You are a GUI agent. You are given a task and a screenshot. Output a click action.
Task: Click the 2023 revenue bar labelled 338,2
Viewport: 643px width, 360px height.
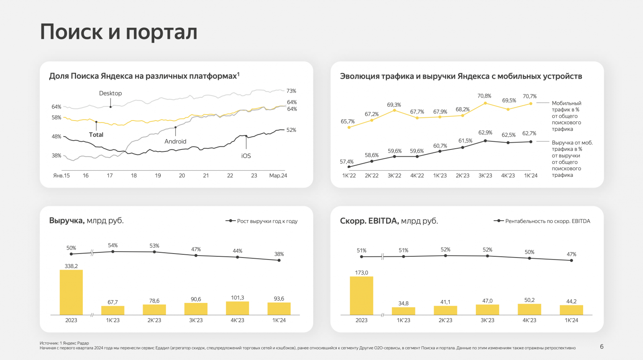(71, 292)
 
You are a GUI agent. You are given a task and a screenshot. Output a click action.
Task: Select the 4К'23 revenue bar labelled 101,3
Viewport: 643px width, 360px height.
(237, 308)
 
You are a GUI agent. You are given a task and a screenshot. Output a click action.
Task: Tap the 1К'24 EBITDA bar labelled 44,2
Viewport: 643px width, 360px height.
(571, 310)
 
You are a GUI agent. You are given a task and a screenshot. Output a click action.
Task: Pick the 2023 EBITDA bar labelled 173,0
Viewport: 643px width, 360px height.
(361, 295)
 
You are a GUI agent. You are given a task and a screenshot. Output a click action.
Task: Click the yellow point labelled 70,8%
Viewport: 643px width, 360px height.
(485, 103)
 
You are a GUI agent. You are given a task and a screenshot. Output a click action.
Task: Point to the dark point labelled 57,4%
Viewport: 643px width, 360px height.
(349, 167)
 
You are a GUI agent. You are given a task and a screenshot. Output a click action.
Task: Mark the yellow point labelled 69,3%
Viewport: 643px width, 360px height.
(394, 110)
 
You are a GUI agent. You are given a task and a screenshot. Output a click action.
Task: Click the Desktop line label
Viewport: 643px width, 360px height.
(111, 93)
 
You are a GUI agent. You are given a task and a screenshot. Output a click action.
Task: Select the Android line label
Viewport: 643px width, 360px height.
(175, 141)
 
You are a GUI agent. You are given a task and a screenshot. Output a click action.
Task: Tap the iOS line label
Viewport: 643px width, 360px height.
(246, 156)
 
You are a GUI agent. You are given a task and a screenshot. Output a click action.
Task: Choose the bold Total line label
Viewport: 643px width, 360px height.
(96, 135)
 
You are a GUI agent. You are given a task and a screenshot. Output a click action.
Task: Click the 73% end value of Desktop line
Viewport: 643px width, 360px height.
(291, 91)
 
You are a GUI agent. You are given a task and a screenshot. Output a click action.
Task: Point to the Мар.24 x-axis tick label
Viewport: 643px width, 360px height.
(278, 176)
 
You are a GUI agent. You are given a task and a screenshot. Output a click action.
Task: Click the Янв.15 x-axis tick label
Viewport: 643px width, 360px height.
(61, 176)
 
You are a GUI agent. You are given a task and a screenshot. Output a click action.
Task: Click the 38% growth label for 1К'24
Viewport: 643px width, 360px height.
(279, 254)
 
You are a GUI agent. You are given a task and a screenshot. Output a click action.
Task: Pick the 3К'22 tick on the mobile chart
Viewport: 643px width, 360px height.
(394, 176)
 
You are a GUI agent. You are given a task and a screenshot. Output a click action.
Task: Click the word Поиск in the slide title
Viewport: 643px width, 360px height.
(72, 32)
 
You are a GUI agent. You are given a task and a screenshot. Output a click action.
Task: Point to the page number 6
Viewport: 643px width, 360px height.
(602, 346)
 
